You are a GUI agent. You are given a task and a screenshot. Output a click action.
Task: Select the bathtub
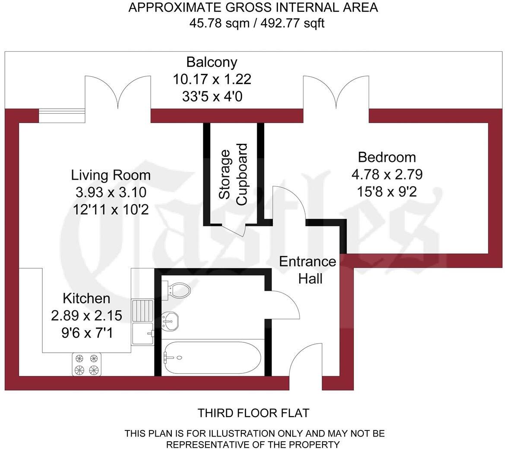tap(211, 357)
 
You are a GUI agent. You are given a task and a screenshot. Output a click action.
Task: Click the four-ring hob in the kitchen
tap(86, 364)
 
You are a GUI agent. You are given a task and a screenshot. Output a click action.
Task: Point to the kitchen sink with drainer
tap(142, 323)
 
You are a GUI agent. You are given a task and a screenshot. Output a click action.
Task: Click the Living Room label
tap(111, 175)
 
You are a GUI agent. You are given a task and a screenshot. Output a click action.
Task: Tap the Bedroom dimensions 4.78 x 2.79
tap(387, 174)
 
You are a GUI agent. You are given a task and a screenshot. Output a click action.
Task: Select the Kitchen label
tap(86, 298)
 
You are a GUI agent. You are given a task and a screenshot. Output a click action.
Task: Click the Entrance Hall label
tap(307, 270)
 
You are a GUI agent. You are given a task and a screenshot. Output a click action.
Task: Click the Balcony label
tap(211, 62)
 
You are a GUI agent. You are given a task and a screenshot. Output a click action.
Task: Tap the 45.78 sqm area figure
tap(219, 23)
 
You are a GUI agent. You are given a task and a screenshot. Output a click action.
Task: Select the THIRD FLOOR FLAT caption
tap(253, 413)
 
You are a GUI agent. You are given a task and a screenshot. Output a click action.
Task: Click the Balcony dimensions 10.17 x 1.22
tap(211, 79)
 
